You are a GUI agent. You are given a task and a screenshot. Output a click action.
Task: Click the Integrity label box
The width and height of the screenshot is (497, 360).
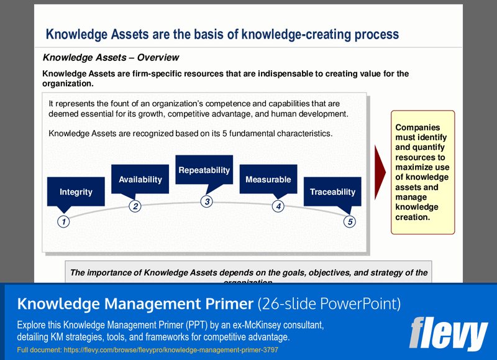76,192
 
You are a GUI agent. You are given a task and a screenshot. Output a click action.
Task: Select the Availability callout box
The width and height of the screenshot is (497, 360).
140,179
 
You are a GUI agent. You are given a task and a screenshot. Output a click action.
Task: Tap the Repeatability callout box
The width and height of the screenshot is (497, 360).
204,170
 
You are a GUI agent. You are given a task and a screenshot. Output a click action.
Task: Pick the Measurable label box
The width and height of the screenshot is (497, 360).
268,179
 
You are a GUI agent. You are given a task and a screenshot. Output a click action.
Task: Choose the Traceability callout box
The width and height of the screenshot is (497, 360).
332,192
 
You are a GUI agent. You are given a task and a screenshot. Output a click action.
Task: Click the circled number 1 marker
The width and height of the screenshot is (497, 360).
63,221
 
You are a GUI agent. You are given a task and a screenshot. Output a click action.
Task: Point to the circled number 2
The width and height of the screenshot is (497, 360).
135,206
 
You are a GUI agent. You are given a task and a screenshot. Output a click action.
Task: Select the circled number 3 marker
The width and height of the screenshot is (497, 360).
207,201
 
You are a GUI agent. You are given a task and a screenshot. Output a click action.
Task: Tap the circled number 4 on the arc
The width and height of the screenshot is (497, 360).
278,206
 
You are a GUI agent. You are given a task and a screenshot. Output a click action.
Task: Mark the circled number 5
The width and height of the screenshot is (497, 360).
350,221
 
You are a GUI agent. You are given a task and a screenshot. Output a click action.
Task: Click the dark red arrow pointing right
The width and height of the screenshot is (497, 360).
380,173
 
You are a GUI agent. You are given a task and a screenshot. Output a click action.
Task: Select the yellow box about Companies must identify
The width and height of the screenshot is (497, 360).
422,172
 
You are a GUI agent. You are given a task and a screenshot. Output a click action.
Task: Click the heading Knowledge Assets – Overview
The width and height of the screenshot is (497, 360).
111,58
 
